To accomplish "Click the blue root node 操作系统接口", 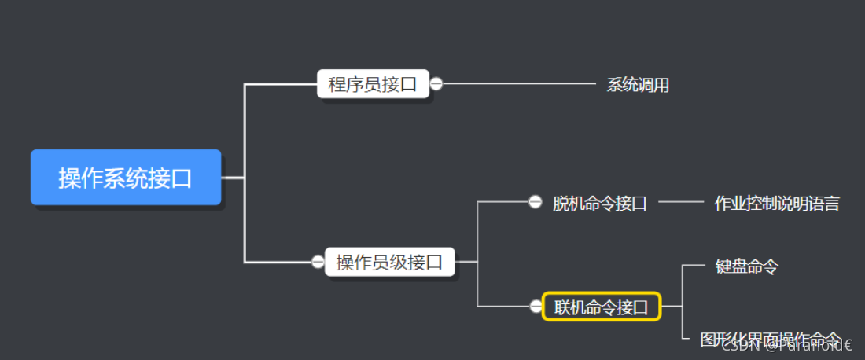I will click(126, 178).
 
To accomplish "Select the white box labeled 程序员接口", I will click(373, 84).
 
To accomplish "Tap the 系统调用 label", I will click(638, 85).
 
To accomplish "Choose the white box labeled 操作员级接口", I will click(389, 262).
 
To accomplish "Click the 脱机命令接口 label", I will click(599, 203).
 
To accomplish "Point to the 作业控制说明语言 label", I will click(776, 204).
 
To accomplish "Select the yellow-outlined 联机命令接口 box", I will click(602, 307).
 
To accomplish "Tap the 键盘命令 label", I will click(746, 266).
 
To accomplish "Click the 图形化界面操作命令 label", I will click(771, 339).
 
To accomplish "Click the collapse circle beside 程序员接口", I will click(436, 84).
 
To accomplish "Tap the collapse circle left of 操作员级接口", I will click(318, 262).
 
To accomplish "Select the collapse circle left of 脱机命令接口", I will click(535, 203).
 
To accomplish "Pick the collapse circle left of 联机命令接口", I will click(535, 307).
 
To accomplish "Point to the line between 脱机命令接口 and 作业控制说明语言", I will click(681, 203).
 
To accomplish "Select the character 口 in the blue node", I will click(182, 178).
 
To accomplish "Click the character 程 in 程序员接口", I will click(337, 84).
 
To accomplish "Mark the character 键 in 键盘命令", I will click(723, 266).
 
